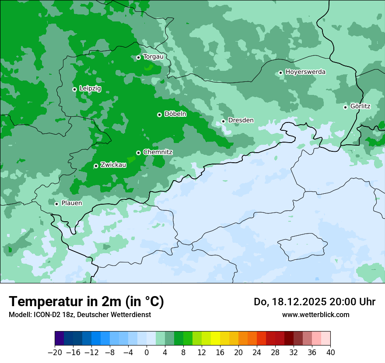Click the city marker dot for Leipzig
pos(74,89)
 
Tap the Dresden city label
pos(241,120)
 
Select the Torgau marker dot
pos(138,57)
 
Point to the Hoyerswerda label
pos(305,72)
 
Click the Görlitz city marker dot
pos(345,107)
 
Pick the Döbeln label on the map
pos(175,114)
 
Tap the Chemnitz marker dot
pos(138,153)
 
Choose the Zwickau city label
pos(113,165)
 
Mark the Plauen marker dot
pos(56,204)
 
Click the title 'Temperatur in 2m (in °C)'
pos(86,302)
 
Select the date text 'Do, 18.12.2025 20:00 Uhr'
pos(315,302)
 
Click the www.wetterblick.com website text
pos(315,314)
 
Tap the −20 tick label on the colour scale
pos(55,353)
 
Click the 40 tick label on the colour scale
pos(330,353)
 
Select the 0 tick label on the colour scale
pos(147,353)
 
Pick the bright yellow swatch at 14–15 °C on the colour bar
pos(215,339)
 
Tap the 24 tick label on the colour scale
pos(257,353)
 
